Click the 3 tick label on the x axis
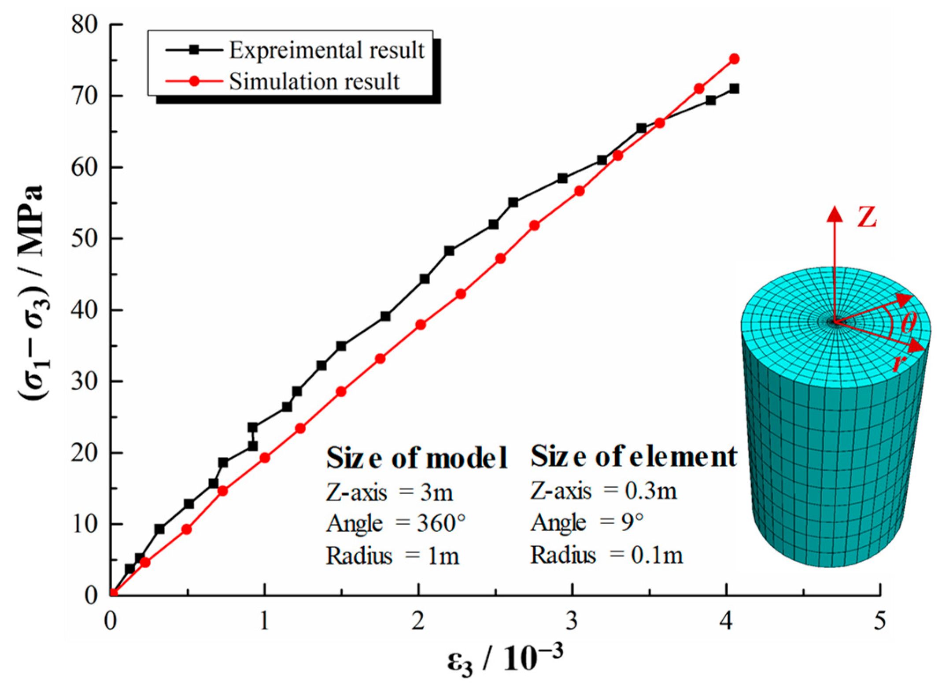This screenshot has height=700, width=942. (x=572, y=621)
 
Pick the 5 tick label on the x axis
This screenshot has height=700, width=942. (x=879, y=621)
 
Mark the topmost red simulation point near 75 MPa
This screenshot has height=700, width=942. (x=734, y=59)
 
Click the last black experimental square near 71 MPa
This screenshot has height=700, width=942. (x=734, y=89)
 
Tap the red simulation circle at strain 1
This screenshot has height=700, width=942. (x=265, y=458)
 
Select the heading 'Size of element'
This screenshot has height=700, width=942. (x=633, y=456)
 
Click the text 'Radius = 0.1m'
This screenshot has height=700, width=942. (x=606, y=555)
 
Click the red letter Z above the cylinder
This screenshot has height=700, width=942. (x=867, y=217)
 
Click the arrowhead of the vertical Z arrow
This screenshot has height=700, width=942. (x=835, y=214)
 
